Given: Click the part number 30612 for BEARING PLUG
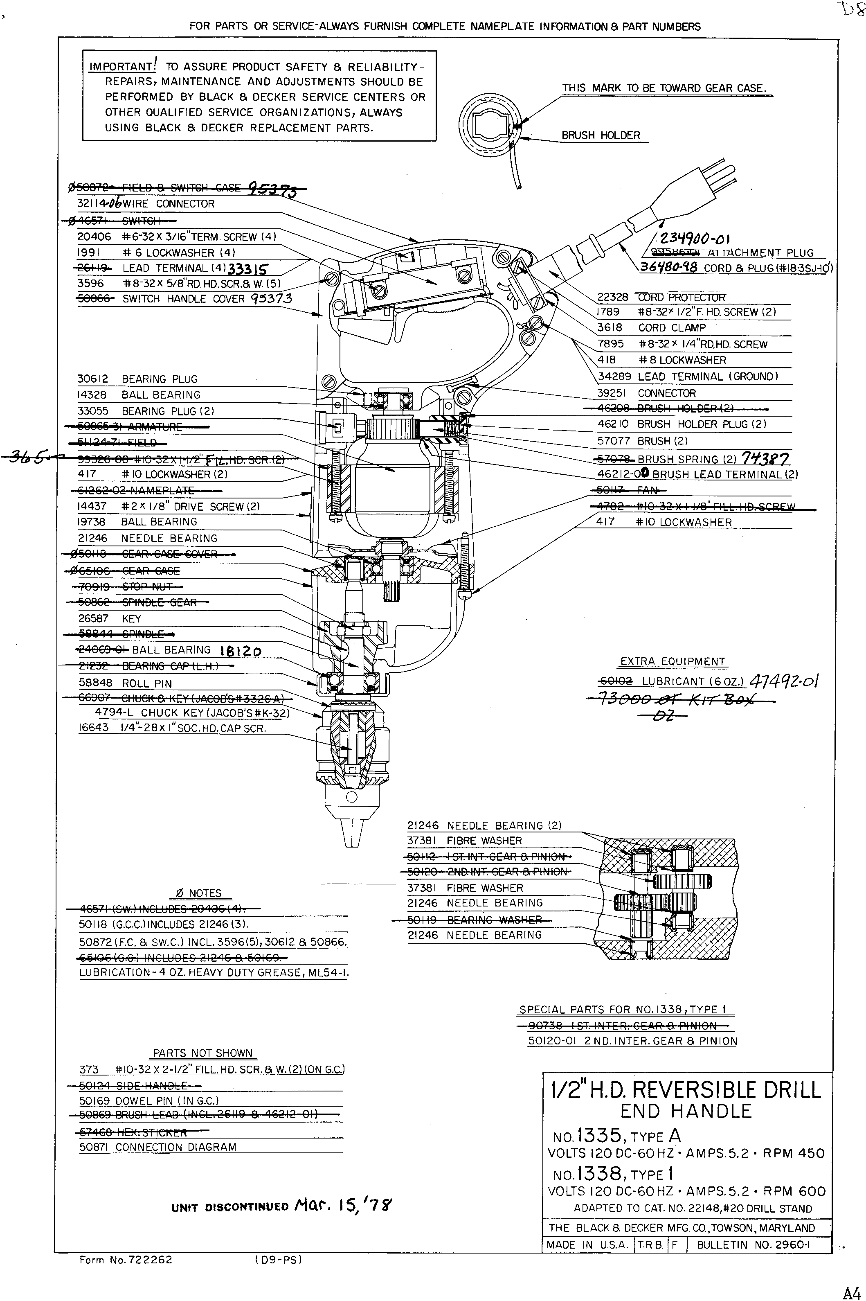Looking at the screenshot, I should click(x=92, y=379).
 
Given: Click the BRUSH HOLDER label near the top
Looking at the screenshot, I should click(x=601, y=135).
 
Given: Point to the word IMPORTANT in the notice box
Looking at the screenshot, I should click(x=122, y=67).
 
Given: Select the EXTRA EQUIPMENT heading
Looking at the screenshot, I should click(x=672, y=661).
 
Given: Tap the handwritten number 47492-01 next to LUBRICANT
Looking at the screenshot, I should click(x=784, y=681).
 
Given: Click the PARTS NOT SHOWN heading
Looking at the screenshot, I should click(x=202, y=1053).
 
